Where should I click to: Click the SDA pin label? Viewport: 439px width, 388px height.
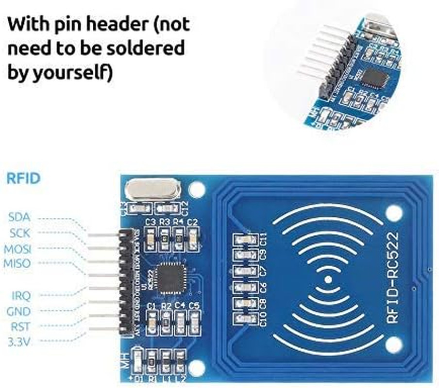coord(20,217)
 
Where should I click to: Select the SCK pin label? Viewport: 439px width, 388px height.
coord(20,233)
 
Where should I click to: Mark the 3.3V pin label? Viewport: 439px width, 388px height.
coord(19,341)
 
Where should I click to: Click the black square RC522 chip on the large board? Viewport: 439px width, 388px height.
coord(169,278)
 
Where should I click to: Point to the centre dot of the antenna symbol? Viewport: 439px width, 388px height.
coord(328,280)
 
